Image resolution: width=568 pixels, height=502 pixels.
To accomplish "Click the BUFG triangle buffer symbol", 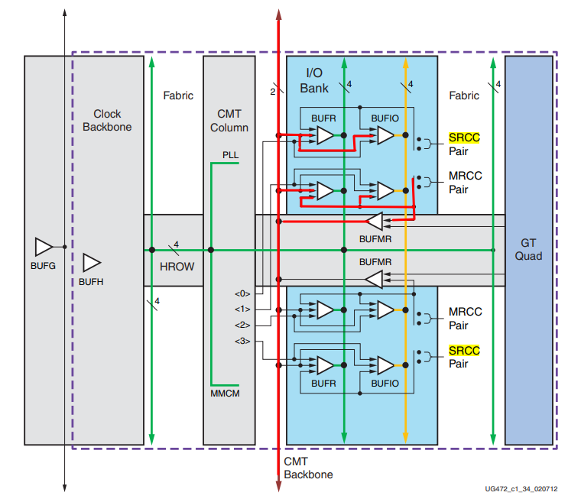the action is point(44,247).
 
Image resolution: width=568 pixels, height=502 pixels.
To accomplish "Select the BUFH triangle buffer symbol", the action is point(92,263).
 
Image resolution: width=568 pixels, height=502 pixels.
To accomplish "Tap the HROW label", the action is point(177,267).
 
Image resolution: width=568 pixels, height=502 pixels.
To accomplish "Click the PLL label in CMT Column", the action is point(230,155).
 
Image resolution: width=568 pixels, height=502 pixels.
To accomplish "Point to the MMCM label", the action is point(225,394).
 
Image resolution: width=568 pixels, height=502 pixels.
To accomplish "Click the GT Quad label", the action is point(528,249).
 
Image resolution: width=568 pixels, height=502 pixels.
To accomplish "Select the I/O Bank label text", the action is point(314,80).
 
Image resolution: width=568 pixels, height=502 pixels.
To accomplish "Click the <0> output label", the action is point(242,293).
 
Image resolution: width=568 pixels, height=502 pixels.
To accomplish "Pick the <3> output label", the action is point(242,341).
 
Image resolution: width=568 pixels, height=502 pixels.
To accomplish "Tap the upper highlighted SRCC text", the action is point(464,138).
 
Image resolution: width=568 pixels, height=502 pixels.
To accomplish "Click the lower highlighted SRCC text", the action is point(464,351).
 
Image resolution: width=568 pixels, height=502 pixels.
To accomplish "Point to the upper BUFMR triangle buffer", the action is point(374,221).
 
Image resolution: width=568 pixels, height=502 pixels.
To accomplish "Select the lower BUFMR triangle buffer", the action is point(374,280).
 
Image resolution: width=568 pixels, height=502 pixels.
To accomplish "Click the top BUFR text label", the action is point(323,118).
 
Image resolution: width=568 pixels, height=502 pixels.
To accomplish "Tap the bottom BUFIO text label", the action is point(385,384).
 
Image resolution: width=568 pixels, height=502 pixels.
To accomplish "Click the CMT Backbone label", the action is point(308,468).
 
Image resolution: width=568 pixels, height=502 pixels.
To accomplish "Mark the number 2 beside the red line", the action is point(272,92).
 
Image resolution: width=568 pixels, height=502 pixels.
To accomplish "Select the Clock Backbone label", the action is point(107,120).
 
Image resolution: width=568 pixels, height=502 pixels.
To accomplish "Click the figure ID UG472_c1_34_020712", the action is point(521,489).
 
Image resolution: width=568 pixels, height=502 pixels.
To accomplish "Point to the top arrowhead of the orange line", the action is point(406,63).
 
